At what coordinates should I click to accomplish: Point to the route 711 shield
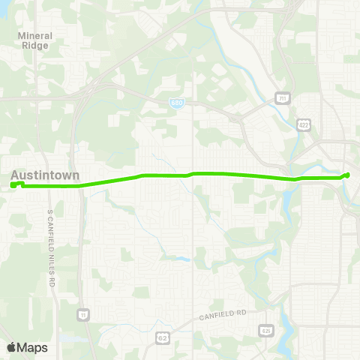pyautogui.click(x=280, y=97)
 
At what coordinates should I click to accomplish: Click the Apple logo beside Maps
pyautogui.click(x=11, y=347)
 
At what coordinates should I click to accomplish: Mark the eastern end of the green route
pyautogui.click(x=347, y=175)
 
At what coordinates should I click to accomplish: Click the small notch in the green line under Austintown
pyautogui.click(x=22, y=184)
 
